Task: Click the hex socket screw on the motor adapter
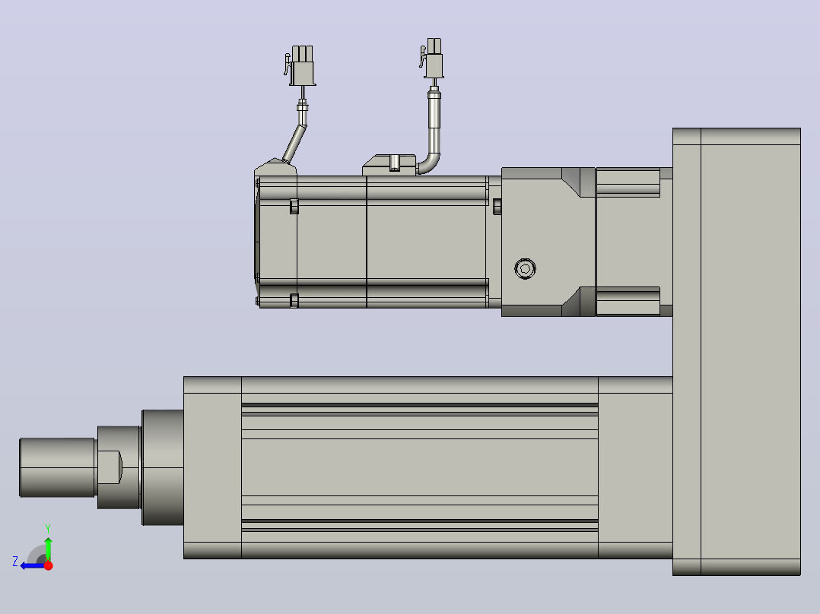click(x=525, y=268)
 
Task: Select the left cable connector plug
click(x=300, y=65)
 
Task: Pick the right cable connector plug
click(x=432, y=58)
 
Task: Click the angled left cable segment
click(x=294, y=143)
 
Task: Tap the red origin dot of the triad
click(x=48, y=565)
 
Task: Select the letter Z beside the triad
click(x=15, y=562)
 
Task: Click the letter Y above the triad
click(x=48, y=529)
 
